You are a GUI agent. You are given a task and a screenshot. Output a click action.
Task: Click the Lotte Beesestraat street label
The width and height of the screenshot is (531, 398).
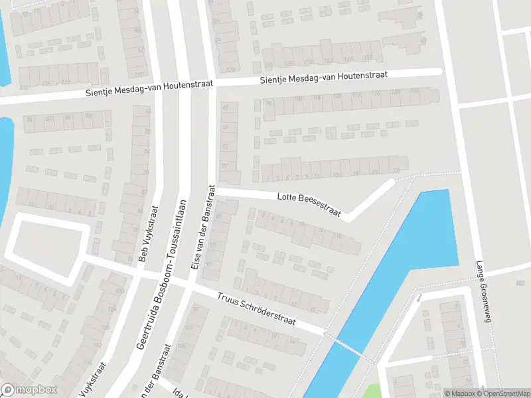(x=309, y=204)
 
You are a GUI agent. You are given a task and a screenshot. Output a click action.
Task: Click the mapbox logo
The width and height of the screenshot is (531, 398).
(x=29, y=390)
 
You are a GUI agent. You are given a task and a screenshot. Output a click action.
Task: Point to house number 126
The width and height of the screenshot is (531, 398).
(x=415, y=91)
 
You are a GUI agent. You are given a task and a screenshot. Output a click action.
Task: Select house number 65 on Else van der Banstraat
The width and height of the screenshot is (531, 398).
(x=226, y=107)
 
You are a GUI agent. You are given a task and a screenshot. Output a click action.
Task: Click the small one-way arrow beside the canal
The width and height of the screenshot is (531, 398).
(x=419, y=298)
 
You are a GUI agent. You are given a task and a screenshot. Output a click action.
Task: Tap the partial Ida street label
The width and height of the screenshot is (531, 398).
(x=177, y=393)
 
